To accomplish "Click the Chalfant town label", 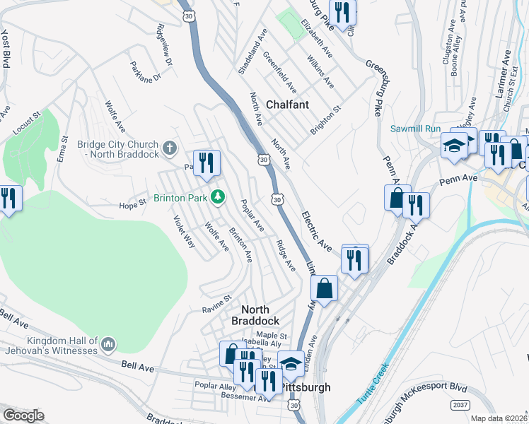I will (287, 105).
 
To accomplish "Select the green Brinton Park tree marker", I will (219, 196).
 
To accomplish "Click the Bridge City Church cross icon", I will (168, 148).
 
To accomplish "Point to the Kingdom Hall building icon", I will (108, 344).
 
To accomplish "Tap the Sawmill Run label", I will (415, 129).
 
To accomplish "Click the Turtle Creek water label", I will (372, 383).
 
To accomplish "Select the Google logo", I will (23, 416).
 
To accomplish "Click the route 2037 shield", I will (460, 404).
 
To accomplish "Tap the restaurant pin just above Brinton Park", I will (207, 164).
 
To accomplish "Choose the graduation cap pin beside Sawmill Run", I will (455, 146).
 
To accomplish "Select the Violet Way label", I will (184, 230).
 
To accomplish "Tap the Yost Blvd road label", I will (6, 42).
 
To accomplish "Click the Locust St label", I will (27, 122).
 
